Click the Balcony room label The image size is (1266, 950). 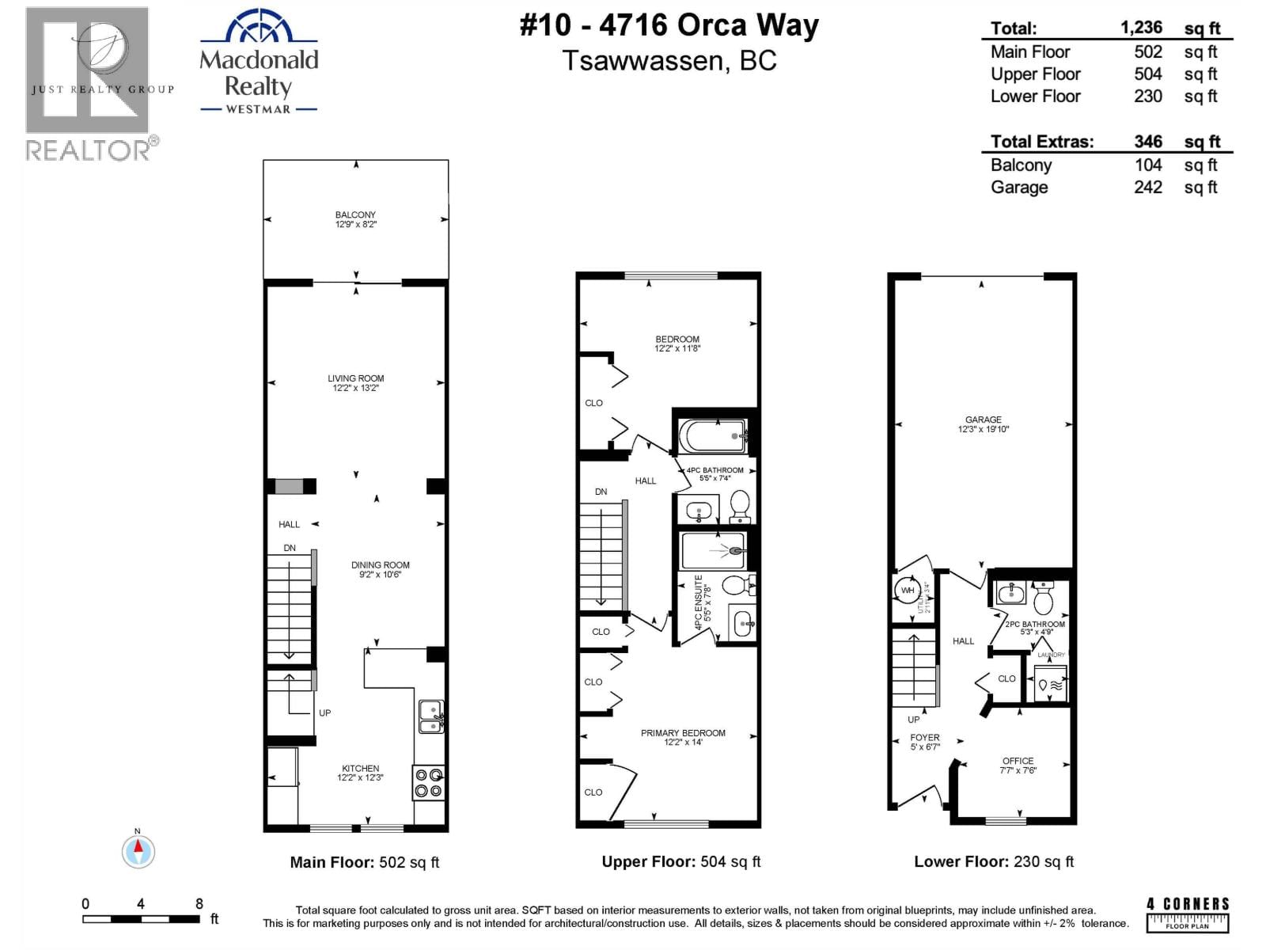355,215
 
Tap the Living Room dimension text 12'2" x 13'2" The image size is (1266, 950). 355,388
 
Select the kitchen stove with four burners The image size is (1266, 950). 429,782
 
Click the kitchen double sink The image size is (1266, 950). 430,716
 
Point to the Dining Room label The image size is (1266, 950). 381,564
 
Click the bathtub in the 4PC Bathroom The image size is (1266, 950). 713,436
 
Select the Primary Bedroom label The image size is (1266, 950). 683,733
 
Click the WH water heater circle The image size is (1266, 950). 908,591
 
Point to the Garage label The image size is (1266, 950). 983,420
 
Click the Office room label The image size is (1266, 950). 1018,761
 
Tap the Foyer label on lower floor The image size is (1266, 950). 924,737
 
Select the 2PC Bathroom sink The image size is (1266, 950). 1010,592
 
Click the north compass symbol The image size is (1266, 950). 138,851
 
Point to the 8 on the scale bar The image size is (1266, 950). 199,903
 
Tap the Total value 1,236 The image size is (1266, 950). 1141,28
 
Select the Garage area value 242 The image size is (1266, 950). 1147,188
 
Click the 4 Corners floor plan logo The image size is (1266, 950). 1188,914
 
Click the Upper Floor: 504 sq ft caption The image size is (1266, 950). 680,862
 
